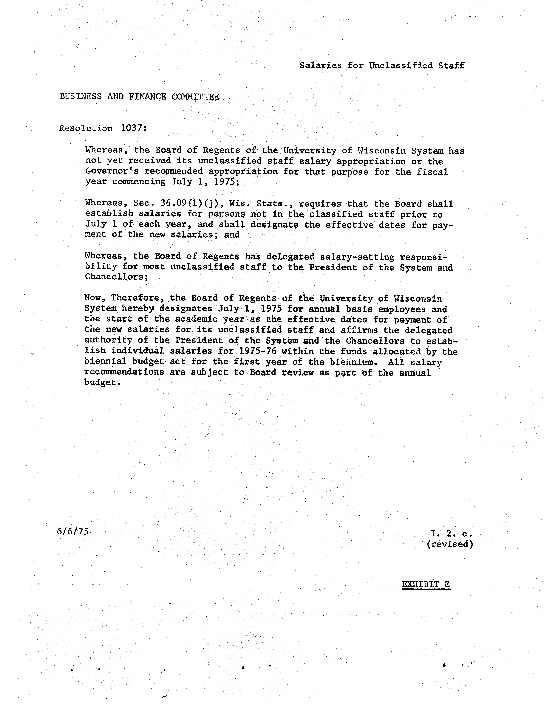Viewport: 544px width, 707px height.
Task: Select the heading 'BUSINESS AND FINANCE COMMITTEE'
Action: click(x=140, y=96)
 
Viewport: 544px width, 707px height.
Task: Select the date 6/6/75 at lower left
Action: click(x=72, y=531)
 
